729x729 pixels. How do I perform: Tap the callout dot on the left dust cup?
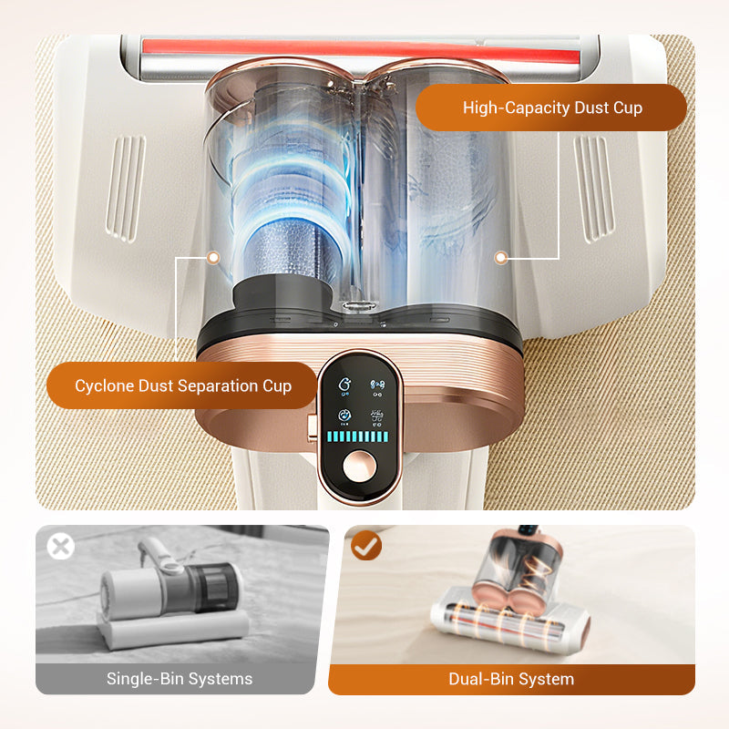coord(213,258)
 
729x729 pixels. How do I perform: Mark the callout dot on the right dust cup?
coord(500,258)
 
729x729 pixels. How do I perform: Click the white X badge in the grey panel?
coord(60,547)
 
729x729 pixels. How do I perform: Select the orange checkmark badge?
coord(366,546)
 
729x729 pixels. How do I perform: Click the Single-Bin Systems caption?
coord(180,679)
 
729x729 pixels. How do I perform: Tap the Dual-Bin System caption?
coord(511,679)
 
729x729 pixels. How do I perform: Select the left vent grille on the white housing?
coord(125,187)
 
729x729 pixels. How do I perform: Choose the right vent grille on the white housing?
coord(594,187)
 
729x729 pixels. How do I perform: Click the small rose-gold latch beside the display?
coord(312,424)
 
